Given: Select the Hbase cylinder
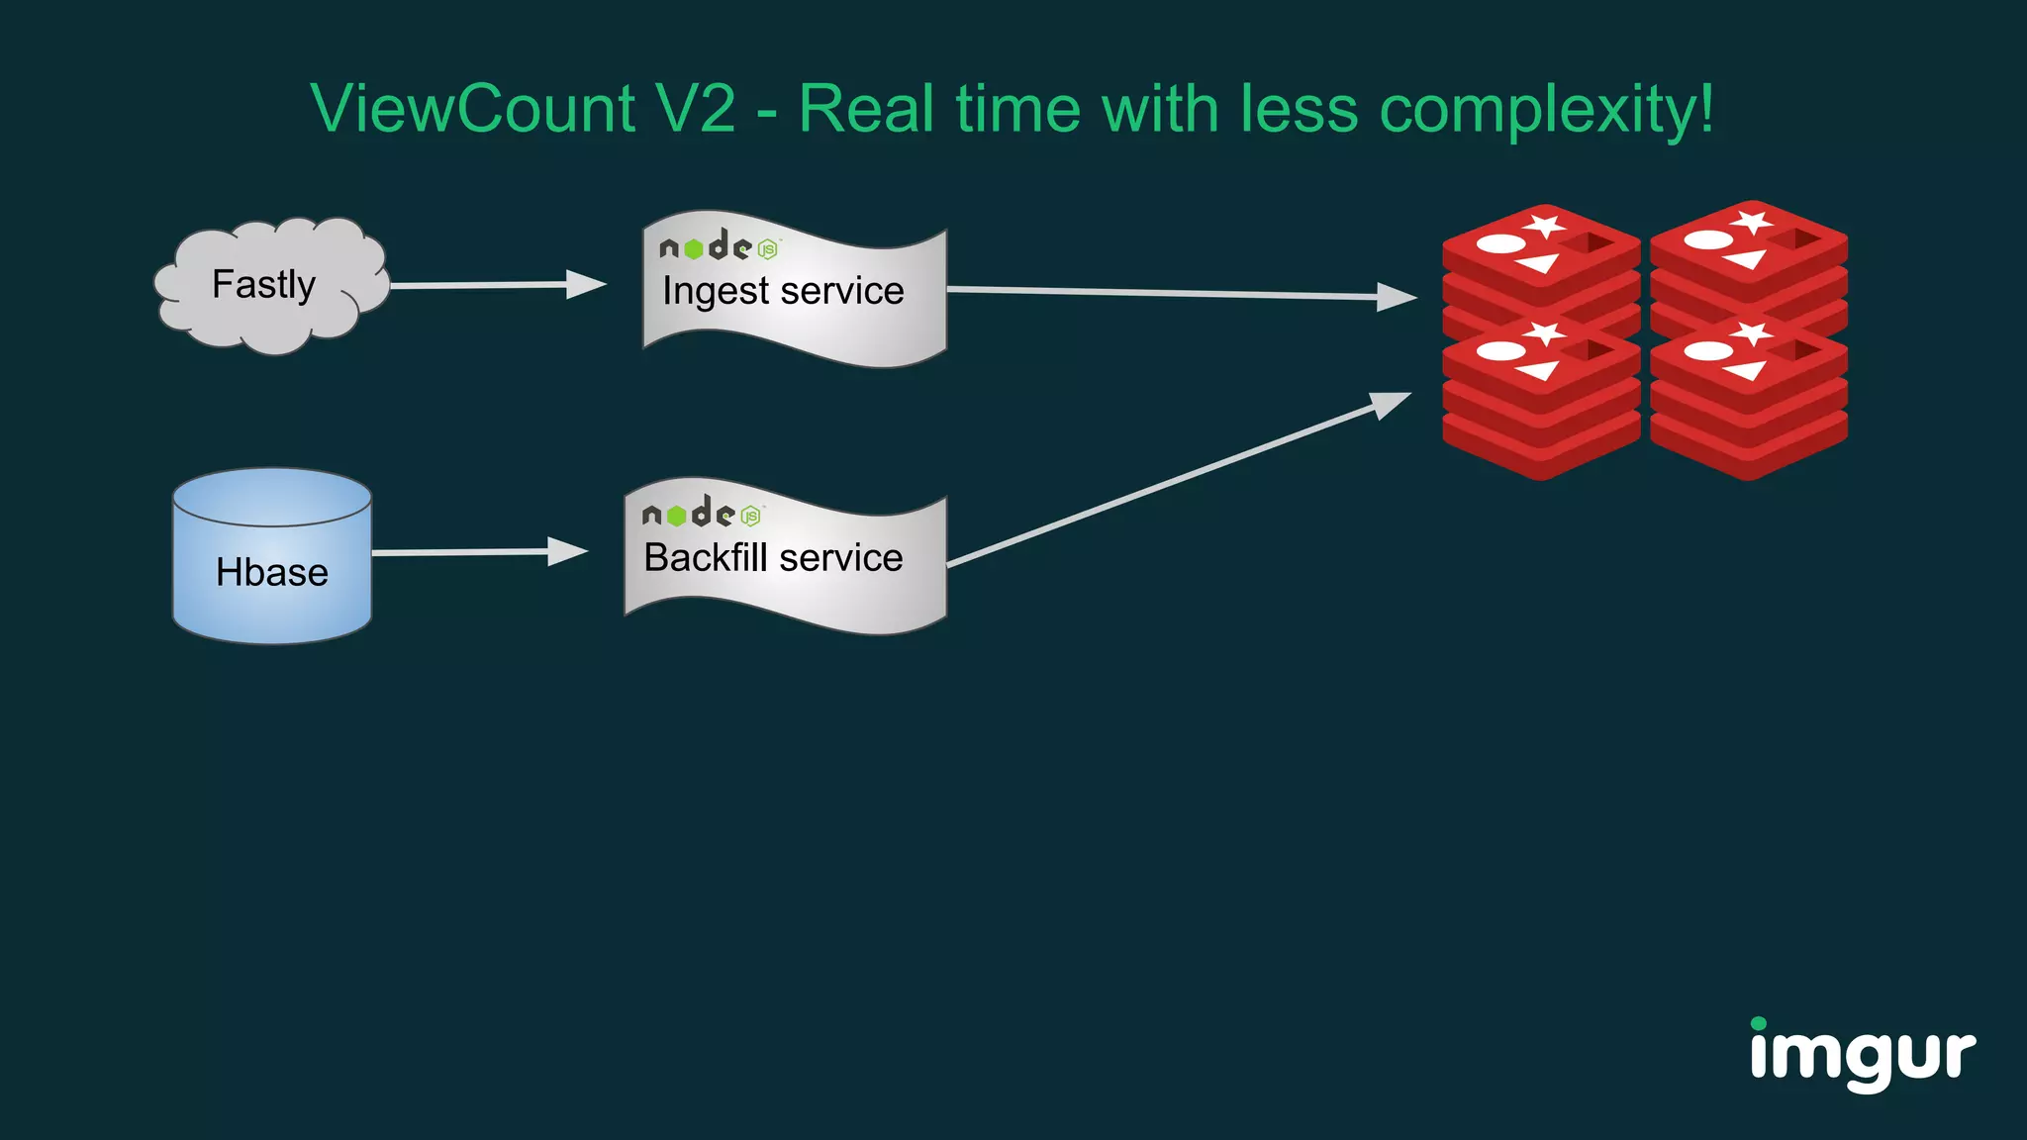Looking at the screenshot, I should pos(272,559).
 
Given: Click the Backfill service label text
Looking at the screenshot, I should pos(773,558).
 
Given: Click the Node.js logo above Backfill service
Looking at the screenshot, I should pos(702,513).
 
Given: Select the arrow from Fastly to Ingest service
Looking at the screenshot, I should pos(495,285).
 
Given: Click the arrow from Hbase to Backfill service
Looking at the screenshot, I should pos(475,552).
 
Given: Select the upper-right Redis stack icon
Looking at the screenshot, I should pos(1749,255).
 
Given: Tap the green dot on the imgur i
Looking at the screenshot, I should pos(1759,1024).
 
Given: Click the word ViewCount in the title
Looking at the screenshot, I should pos(473,108).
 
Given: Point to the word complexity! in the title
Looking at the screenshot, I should pos(1546,108).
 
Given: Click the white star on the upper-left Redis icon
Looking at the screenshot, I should pos(1544,226).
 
